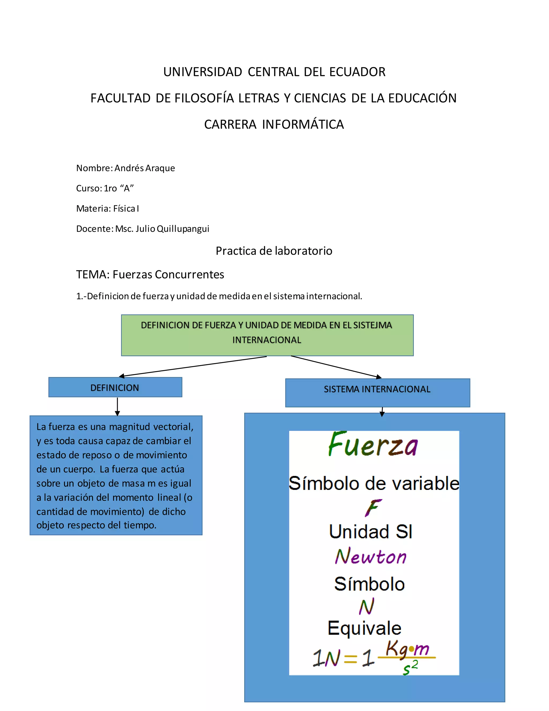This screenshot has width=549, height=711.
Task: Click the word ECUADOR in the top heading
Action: pyautogui.click(x=357, y=72)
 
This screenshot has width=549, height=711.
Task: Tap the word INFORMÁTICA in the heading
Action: pyautogui.click(x=303, y=124)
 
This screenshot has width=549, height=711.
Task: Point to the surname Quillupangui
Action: pyautogui.click(x=183, y=229)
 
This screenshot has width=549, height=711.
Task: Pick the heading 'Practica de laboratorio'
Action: pyautogui.click(x=274, y=251)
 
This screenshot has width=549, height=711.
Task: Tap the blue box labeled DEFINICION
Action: pyautogui.click(x=115, y=387)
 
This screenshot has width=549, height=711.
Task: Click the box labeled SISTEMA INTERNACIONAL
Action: pyautogui.click(x=377, y=393)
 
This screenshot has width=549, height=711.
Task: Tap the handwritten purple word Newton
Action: pyautogui.click(x=370, y=556)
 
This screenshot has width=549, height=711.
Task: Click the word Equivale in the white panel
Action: pyautogui.click(x=364, y=628)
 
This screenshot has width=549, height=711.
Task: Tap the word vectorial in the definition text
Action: pyautogui.click(x=173, y=427)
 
